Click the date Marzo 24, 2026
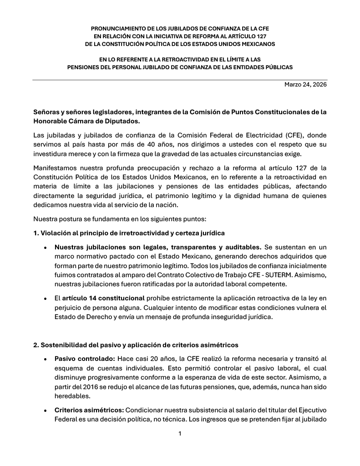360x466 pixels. (x=305, y=85)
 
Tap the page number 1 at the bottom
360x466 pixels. (x=180, y=433)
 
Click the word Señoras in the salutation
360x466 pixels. (x=47, y=111)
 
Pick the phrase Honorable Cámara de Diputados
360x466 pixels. (x=86, y=121)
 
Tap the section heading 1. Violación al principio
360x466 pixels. (x=129, y=233)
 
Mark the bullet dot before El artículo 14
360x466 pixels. (x=45, y=299)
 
